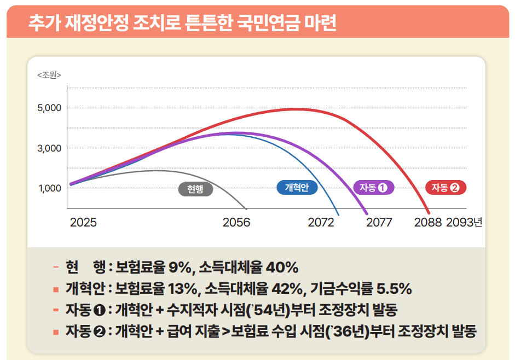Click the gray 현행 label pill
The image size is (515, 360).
tap(195, 189)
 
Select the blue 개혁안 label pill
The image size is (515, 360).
tap(298, 188)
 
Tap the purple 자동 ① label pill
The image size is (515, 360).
tap(374, 188)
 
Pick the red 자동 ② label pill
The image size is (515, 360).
tap(446, 188)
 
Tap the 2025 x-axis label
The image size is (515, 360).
tap(83, 223)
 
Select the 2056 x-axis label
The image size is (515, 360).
tap(236, 223)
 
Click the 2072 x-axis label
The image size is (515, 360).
tap(321, 223)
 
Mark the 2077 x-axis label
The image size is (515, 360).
tap(379, 223)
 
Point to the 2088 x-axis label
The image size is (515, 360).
tap(428, 223)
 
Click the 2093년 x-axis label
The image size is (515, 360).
tap(464, 223)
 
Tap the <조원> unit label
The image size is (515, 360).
tap(49, 74)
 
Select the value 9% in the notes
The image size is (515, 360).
tap(179, 268)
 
